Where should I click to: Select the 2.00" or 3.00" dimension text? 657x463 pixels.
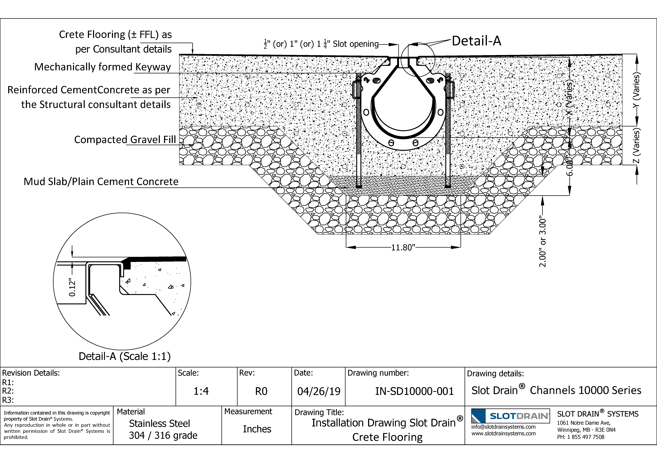tap(543, 243)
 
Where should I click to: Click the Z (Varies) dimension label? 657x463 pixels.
tap(636, 146)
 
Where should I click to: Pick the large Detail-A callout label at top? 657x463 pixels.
tap(476, 41)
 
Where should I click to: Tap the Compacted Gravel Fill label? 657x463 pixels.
tap(125, 140)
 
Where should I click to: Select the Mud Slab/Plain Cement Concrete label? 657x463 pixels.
tap(101, 182)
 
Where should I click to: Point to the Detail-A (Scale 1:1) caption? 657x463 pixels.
tap(124, 356)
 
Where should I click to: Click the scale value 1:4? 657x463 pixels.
tap(201, 391)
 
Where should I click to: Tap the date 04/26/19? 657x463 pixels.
tap(319, 391)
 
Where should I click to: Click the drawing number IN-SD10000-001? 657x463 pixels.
tap(414, 391)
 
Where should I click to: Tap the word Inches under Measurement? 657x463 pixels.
tap(257, 429)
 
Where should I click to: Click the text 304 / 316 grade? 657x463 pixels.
tap(163, 436)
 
